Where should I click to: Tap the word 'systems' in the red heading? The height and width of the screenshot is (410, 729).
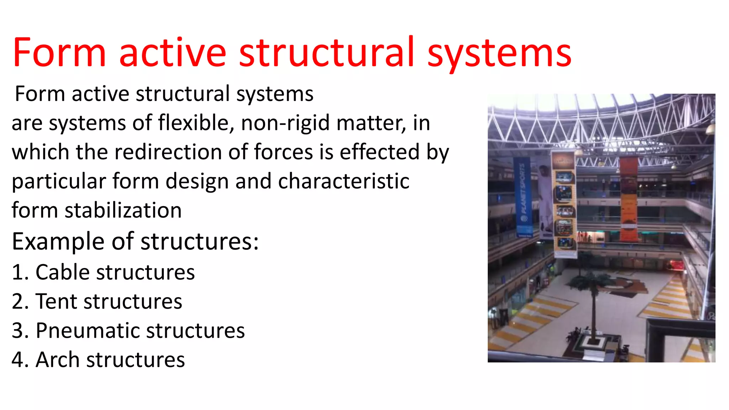(x=499, y=53)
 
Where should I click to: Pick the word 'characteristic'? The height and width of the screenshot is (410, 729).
(x=343, y=181)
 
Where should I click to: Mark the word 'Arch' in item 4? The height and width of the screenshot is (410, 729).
(x=58, y=360)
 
